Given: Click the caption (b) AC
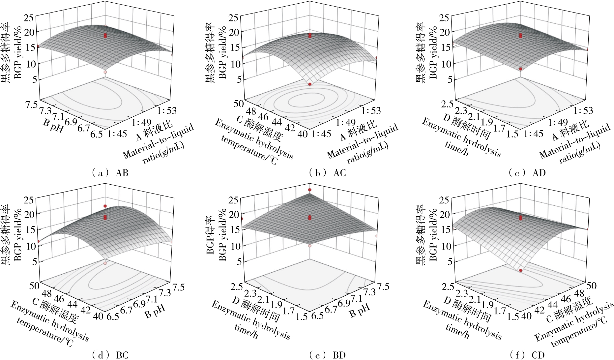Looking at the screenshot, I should [x=327, y=173].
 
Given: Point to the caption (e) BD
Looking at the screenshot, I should [x=327, y=355].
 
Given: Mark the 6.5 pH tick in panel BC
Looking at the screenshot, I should [x=113, y=317].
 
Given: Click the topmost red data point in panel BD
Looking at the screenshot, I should [x=310, y=190].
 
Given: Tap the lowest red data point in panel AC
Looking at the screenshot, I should [x=310, y=84].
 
